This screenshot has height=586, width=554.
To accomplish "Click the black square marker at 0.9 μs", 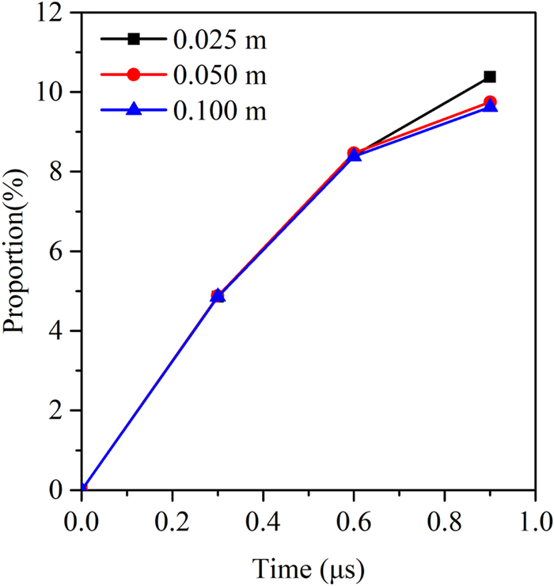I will pos(490,77).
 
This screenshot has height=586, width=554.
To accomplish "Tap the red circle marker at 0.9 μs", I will pos(490,102).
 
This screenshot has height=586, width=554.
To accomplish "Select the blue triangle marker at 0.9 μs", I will pos(490,106).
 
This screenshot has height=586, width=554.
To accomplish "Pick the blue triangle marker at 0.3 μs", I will pos(218,296).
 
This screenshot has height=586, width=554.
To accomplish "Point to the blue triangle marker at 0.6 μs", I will pos(355,155).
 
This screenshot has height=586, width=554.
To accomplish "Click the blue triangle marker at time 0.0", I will pos(82,489).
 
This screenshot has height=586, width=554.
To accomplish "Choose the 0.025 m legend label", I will pos(219,39).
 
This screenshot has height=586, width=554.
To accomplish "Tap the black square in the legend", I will pos(134,38).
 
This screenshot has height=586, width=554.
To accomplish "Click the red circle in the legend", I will pos(134,74).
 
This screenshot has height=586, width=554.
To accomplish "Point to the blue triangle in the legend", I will pos(134,110).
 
